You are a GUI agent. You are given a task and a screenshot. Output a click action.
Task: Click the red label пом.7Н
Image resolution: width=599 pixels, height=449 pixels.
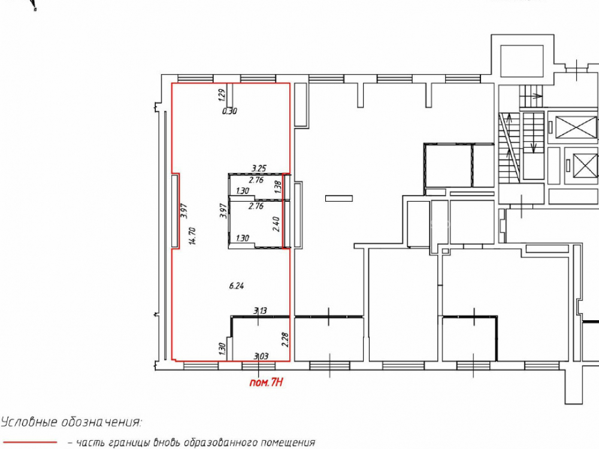pyautogui.click(x=267, y=382)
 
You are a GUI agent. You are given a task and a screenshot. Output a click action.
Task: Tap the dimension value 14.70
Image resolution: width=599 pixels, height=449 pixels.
pyautogui.click(x=192, y=235)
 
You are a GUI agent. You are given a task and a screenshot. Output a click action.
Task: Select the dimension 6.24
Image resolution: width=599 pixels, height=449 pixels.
pyautogui.click(x=237, y=286)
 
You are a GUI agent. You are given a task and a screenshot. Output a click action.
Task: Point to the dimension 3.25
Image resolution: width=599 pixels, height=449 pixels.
pyautogui.click(x=259, y=168)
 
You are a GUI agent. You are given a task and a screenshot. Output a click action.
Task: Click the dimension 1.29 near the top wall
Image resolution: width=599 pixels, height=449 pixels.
pyautogui.click(x=221, y=95)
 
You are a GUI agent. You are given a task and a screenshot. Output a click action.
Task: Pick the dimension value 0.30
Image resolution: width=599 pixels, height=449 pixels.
pyautogui.click(x=229, y=111)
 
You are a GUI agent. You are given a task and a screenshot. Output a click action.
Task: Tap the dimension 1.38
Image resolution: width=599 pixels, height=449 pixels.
pyautogui.click(x=278, y=187)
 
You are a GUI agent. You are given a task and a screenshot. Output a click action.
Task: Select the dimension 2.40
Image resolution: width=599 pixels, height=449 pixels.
pyautogui.click(x=276, y=224)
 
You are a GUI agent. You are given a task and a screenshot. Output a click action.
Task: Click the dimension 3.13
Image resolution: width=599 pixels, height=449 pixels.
pyautogui.click(x=260, y=311)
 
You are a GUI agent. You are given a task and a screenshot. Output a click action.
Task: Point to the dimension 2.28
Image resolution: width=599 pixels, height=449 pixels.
pyautogui.click(x=285, y=339)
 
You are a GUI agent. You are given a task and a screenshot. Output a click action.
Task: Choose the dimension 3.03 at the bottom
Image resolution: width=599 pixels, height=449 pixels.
pyautogui.click(x=261, y=357)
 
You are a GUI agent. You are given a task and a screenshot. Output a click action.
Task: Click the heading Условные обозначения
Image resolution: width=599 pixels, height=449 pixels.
pyautogui.click(x=71, y=422)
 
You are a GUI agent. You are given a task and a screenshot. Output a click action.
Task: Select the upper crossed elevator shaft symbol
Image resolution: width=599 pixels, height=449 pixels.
pyautogui.click(x=577, y=127)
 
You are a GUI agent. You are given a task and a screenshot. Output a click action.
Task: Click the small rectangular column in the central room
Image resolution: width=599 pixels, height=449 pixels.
pyautogui.click(x=339, y=198)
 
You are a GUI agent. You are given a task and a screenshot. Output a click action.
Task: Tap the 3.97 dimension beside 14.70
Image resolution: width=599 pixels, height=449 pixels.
pyautogui.click(x=184, y=210)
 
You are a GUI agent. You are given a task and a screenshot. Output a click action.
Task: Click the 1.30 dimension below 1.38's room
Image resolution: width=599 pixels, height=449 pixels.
pyautogui.click(x=243, y=238)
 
